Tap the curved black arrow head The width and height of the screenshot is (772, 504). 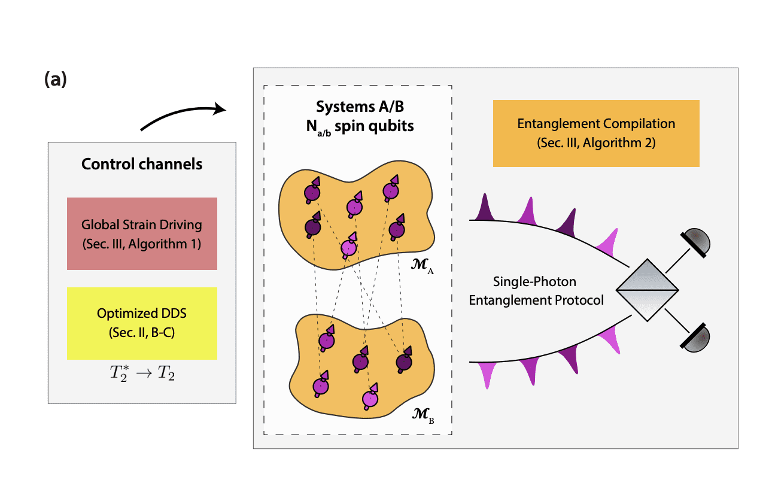(x=220, y=109)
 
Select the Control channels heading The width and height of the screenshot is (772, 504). (x=142, y=164)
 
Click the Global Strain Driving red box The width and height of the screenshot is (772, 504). (x=142, y=233)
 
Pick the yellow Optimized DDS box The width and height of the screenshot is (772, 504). (x=142, y=323)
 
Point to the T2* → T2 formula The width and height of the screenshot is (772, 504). (x=142, y=375)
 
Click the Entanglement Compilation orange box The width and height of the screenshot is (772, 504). (x=596, y=133)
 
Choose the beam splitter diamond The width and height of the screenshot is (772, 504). (x=647, y=290)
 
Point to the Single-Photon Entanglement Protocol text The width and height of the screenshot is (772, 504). (x=536, y=290)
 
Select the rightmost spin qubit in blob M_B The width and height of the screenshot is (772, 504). (x=403, y=362)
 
